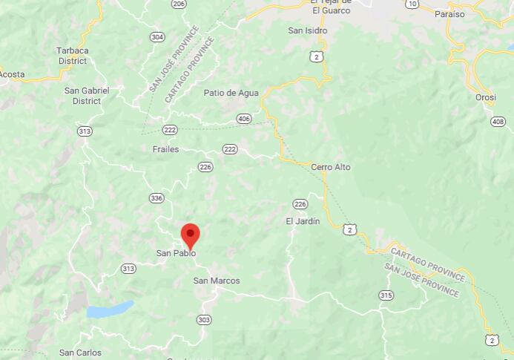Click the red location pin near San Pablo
[x=191, y=235]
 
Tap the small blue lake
[x=109, y=310]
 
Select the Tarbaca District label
[x=72, y=56]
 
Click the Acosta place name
[x=12, y=74]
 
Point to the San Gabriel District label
[x=87, y=96]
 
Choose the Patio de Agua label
[x=231, y=93]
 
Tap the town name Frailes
[x=165, y=149]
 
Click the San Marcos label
[x=217, y=281]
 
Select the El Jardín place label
[x=303, y=221]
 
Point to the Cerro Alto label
[x=331, y=167]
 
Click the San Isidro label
[x=307, y=30]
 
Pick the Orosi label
[x=486, y=97]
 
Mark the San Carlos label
[x=80, y=353]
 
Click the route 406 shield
[x=244, y=119]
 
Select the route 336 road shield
[x=156, y=198]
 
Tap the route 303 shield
[x=204, y=319]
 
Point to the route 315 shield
[x=386, y=295]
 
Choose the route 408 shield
[x=497, y=121]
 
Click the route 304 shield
[x=156, y=36]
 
